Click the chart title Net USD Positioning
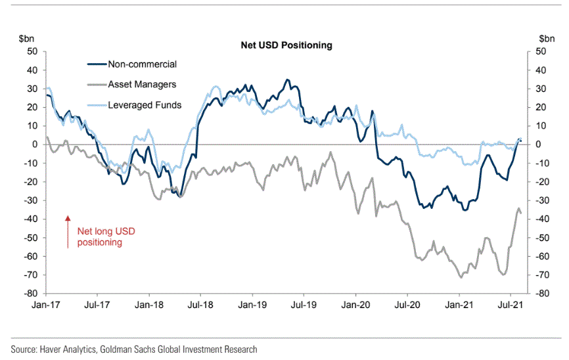click(286, 45)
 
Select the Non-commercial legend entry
click(132, 64)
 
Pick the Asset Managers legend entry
click(131, 85)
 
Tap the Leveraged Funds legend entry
click(134, 105)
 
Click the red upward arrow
click(68, 232)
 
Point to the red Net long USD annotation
click(106, 236)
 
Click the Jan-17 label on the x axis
click(46, 305)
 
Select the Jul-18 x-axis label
click(200, 305)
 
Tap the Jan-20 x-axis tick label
click(355, 305)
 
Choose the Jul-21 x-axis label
click(511, 305)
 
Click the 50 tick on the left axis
click(32, 51)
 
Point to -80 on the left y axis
click(30, 293)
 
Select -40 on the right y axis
click(539, 219)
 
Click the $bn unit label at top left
click(26, 39)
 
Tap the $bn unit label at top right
click(547, 39)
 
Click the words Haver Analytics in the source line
click(68, 349)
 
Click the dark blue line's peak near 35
click(287, 79)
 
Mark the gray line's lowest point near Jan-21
click(461, 277)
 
